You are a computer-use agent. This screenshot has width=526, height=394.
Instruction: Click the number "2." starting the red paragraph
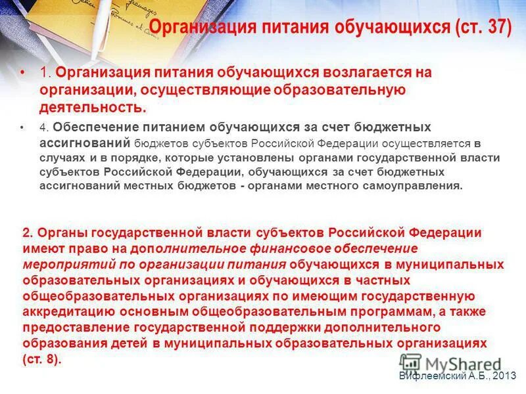28,232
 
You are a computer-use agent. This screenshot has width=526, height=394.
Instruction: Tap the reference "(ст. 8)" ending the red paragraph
41,359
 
